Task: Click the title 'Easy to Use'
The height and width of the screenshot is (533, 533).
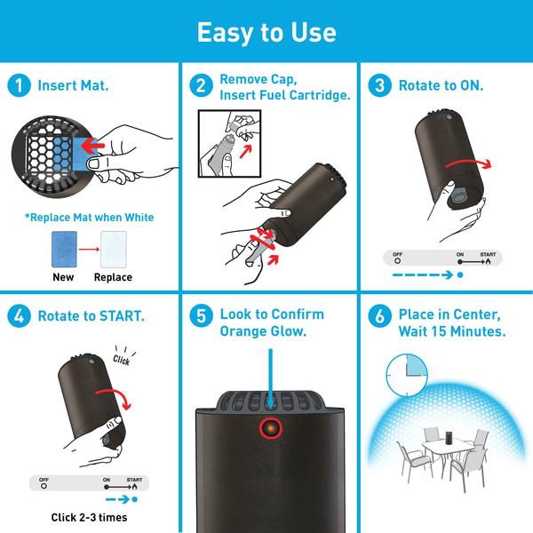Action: coord(266,33)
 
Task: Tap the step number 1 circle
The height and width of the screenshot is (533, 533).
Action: coord(17,86)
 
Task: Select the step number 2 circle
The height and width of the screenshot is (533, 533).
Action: coord(202,86)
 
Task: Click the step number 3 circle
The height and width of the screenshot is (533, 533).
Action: coord(380,86)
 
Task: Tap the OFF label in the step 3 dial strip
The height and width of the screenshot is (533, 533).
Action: coord(397,254)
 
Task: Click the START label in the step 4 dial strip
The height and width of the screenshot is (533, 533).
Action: coord(134,479)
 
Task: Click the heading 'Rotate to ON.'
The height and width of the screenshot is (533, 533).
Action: coord(442,86)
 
